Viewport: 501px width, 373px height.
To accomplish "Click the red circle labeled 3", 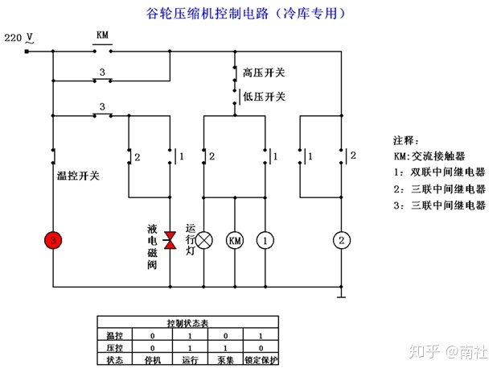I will (x=53, y=240).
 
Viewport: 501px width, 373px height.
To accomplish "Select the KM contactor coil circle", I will (x=235, y=240).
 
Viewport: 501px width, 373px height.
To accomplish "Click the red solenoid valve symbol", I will (x=170, y=239).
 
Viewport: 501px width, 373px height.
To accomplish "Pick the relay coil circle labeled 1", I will (x=265, y=240).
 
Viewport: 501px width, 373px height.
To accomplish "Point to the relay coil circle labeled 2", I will (x=342, y=240).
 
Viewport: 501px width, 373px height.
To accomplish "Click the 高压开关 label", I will (x=264, y=73).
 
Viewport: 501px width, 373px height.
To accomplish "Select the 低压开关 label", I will (x=264, y=97).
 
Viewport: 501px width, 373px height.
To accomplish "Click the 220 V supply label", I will (x=19, y=38).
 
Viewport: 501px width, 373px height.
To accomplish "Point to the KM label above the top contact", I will (x=102, y=35).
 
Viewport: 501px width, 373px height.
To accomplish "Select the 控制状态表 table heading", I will (x=187, y=322).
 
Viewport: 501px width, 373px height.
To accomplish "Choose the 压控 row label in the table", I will (x=112, y=346).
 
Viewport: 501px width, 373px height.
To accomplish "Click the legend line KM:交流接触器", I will (x=434, y=156).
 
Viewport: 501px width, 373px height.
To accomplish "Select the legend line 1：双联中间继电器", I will (x=439, y=172).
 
